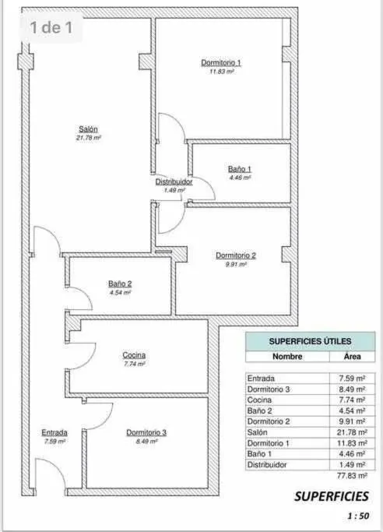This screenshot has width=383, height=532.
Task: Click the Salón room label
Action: pyautogui.click(x=88, y=129)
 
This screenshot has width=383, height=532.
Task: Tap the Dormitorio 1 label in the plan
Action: pyautogui.click(x=221, y=63)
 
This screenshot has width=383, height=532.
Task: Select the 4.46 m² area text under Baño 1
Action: pyautogui.click(x=240, y=178)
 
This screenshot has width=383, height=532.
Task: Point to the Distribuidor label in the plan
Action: pyautogui.click(x=174, y=181)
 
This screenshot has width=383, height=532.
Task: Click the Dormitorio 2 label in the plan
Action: pyautogui.click(x=236, y=255)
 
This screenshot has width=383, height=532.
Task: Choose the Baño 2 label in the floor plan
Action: pyautogui.click(x=120, y=284)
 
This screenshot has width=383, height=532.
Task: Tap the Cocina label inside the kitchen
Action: pyautogui.click(x=134, y=355)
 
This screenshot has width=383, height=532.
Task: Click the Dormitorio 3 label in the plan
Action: pyautogui.click(x=146, y=432)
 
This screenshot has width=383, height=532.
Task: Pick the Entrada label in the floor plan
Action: pyautogui.click(x=54, y=432)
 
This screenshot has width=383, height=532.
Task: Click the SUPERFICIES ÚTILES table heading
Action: pyautogui.click(x=310, y=341)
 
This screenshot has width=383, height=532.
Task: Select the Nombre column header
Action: pyautogui.click(x=287, y=357)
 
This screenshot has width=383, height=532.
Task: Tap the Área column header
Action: pyautogui.click(x=353, y=356)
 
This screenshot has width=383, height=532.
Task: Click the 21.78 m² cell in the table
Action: pyautogui.click(x=352, y=432)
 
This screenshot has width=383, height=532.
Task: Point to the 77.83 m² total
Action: pyautogui.click(x=352, y=476)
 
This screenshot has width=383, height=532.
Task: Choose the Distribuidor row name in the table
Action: pyautogui.click(x=267, y=465)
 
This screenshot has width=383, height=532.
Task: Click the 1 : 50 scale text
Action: pyautogui.click(x=358, y=516)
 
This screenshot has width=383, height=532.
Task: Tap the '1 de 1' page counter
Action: pyautogui.click(x=51, y=27)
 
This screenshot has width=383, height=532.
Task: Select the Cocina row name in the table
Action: pyautogui.click(x=259, y=400)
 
